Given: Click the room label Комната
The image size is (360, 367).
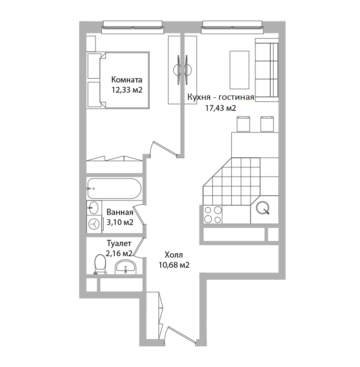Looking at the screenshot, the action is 127,80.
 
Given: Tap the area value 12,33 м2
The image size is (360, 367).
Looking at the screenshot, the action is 127,90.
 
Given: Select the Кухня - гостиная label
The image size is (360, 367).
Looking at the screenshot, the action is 221,97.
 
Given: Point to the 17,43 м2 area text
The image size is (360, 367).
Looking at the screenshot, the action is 221,108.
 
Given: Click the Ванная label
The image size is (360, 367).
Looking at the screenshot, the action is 120,212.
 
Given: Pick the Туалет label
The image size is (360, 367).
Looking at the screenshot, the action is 119,243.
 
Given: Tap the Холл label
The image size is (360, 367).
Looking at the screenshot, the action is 174,255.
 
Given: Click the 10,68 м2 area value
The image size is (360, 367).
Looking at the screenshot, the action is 174,265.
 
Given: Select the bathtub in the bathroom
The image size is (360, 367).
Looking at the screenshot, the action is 114,189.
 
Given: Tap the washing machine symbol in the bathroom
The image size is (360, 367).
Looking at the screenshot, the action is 94,224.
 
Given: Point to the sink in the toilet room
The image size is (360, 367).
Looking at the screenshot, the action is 125,268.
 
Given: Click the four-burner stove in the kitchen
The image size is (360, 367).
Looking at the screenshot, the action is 213,214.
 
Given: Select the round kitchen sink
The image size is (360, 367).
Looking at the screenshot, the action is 263,208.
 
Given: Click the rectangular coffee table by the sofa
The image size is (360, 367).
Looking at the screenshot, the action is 239,70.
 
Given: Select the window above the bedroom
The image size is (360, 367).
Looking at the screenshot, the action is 132,27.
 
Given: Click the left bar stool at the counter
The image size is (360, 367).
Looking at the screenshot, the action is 243,124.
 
